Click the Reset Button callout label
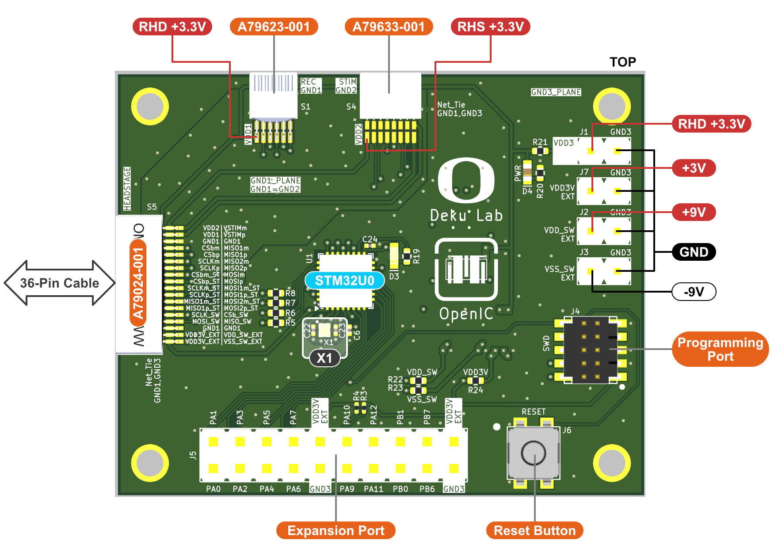tap(534, 530)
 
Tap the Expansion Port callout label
tap(336, 530)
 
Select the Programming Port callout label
tap(720, 349)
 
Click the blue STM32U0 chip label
tap(344, 281)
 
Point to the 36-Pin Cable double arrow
tap(60, 283)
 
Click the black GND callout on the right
tap(694, 252)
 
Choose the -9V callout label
tap(694, 292)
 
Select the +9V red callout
tap(694, 212)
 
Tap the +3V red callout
tap(694, 168)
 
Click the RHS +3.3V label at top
tap(490, 27)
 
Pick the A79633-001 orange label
tap(389, 27)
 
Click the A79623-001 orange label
tap(274, 27)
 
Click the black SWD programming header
tap(591, 349)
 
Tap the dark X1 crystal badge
tap(324, 358)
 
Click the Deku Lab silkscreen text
tap(466, 216)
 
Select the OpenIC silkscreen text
tap(466, 314)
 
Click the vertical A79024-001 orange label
tap(138, 283)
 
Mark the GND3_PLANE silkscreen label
tap(556, 92)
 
